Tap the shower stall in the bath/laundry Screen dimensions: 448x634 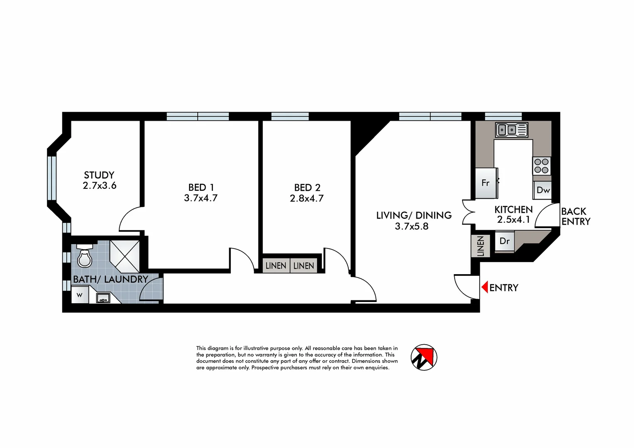pyautogui.click(x=125, y=253)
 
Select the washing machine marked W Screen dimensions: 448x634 pyautogui.click(x=80, y=295)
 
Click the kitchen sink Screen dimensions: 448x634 pyautogui.click(x=512, y=130)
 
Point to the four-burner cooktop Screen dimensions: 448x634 pyautogui.click(x=541, y=166)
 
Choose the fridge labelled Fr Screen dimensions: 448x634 pyautogui.click(x=485, y=183)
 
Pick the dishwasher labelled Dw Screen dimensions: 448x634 pyautogui.click(x=543, y=190)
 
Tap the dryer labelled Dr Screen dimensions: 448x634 pyautogui.click(x=504, y=241)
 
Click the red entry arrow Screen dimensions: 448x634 pyautogui.click(x=484, y=287)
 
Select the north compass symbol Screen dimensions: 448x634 pyautogui.click(x=424, y=357)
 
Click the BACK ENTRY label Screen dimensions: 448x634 pyautogui.click(x=575, y=217)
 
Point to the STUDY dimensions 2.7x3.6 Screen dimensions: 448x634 pyautogui.click(x=100, y=186)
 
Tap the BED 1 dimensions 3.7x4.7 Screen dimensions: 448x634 pyautogui.click(x=201, y=198)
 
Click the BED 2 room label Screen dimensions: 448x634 pyautogui.click(x=307, y=188)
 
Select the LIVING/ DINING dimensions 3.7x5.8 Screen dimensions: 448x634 pyautogui.click(x=411, y=226)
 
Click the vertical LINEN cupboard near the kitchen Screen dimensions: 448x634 pyautogui.click(x=480, y=246)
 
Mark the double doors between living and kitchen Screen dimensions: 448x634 pyautogui.click(x=468, y=212)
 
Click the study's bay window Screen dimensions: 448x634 pyautogui.click(x=51, y=178)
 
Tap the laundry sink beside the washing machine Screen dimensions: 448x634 pyautogui.click(x=103, y=297)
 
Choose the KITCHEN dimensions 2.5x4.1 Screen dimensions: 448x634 pyautogui.click(x=514, y=220)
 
